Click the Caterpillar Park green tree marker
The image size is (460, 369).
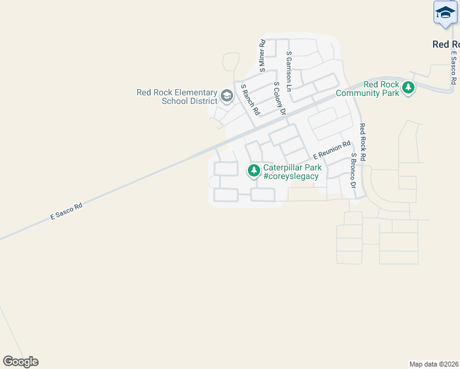coord(253,170)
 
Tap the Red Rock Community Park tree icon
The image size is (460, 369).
coord(408,89)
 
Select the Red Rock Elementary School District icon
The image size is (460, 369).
coord(227,96)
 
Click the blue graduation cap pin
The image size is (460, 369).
coord(445,13)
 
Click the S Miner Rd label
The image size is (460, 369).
coord(262,54)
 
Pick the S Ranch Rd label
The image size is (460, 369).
coord(251,100)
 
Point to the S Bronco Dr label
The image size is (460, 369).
coord(353,170)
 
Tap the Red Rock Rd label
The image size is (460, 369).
coord(363,142)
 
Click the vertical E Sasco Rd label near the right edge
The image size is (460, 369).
coord(453,68)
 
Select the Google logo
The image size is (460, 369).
coord(20,361)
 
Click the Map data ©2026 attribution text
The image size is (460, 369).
coord(434,363)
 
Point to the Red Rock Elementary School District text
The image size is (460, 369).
coord(177,97)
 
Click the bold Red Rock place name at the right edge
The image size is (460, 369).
coord(446,44)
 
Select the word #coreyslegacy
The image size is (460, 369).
coord(291,177)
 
